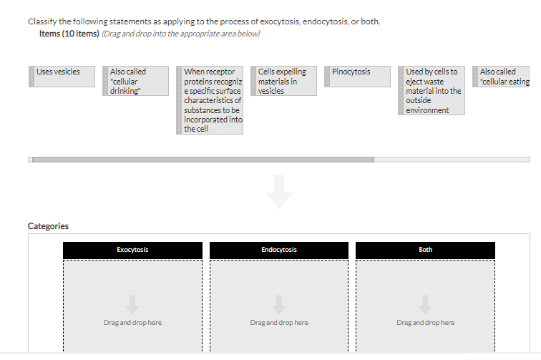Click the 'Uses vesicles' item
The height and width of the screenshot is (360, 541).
[x=62, y=77]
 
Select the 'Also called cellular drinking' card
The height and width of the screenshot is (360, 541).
[x=135, y=81]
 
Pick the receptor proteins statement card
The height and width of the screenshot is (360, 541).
[x=210, y=100]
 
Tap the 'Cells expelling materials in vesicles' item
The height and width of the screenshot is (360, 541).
[x=283, y=81]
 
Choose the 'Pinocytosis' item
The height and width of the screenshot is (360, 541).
[x=358, y=77]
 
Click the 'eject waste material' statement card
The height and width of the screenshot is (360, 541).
[x=432, y=90]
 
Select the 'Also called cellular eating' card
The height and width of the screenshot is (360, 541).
[x=502, y=77]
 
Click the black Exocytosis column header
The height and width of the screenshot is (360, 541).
[x=132, y=250]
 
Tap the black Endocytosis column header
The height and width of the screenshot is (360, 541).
[x=279, y=250]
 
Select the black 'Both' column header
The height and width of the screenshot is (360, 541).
[x=425, y=250]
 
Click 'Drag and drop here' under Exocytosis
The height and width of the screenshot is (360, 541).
[x=132, y=322]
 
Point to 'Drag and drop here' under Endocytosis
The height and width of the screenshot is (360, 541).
[x=279, y=322]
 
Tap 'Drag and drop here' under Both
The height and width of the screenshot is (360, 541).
[x=425, y=322]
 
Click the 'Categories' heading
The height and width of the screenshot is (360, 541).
[x=48, y=226]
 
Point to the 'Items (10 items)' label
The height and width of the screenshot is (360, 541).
[x=69, y=34]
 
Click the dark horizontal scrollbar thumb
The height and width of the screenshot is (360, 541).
[x=203, y=160]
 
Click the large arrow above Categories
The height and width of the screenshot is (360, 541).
[x=279, y=192]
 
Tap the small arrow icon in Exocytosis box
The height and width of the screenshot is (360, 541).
[x=132, y=304]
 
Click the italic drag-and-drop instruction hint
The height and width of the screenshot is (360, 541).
[x=181, y=34]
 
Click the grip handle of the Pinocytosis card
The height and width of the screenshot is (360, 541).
[x=327, y=77]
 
